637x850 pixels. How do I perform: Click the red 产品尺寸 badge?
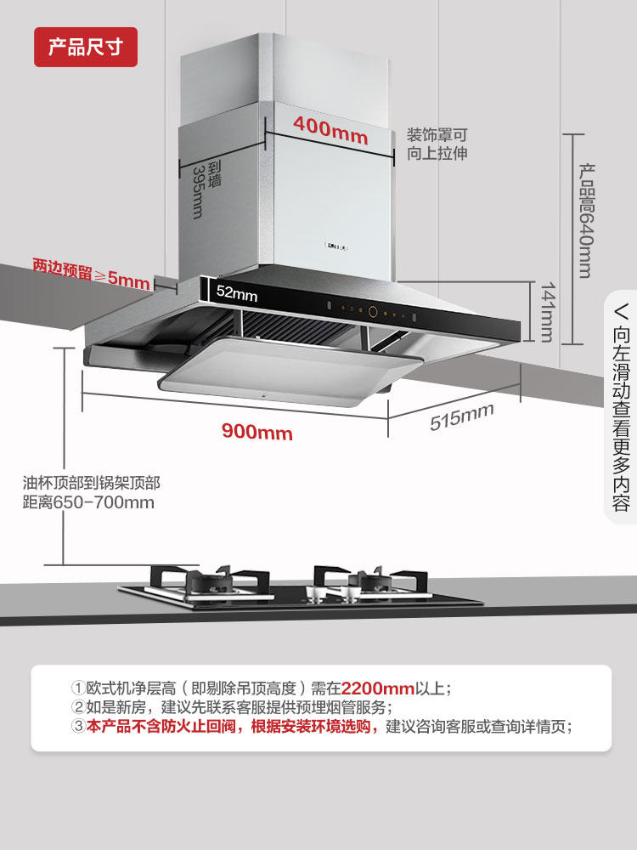pos(85,47)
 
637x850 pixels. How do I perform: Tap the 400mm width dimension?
pos(330,128)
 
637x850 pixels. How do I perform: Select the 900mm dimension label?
pos(257,432)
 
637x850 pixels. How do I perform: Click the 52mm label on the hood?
pos(237,294)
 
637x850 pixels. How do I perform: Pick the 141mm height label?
pos(545,312)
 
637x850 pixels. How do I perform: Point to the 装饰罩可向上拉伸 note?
pos(437,144)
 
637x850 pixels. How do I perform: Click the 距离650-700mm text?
pos(88,501)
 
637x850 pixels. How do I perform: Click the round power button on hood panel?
pos(373,312)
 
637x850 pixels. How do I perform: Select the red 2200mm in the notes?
pos(377,688)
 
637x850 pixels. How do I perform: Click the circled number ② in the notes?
pos(78,707)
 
